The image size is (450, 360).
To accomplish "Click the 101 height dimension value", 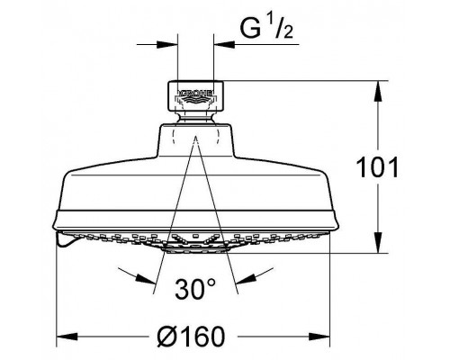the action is point(377,167).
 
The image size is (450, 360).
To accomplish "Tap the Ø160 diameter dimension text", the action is point(191,337).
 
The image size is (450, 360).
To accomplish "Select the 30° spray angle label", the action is point(195,289).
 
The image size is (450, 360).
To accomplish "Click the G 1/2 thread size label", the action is point(266,28).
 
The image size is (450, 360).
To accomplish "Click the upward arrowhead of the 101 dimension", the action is point(378,91).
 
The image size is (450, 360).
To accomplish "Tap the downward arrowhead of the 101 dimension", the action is point(378,243).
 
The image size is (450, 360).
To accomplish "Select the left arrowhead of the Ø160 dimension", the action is point(67,337).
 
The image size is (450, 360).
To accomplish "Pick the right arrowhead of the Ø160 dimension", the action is point(319,337).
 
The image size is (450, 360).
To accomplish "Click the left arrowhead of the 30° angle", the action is point(146,278).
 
